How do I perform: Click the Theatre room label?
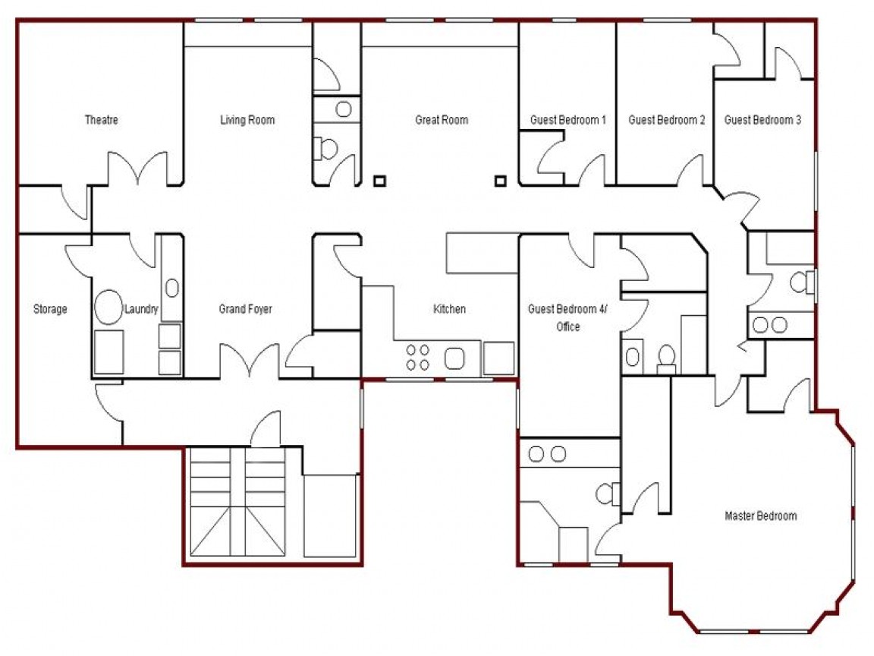[x=101, y=120]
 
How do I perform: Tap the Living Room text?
[x=247, y=120]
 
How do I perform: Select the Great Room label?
[x=442, y=120]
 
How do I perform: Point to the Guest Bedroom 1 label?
[x=567, y=120]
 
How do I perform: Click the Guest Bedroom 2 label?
[x=667, y=120]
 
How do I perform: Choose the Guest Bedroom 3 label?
[x=762, y=120]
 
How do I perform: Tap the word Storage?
[x=50, y=309]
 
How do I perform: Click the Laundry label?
[x=141, y=309]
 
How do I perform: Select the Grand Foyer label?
[x=245, y=309]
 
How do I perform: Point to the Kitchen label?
[x=449, y=309]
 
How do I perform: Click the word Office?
[x=567, y=326]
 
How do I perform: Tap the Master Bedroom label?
[x=760, y=516]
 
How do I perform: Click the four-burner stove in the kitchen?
[x=417, y=358]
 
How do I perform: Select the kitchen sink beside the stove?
[x=455, y=358]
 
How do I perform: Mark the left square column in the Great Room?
[x=379, y=181]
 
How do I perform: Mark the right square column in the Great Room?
[x=500, y=181]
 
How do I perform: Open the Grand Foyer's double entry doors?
[x=249, y=361]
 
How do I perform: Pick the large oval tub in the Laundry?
[x=109, y=307]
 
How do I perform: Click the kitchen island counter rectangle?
[x=482, y=253]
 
